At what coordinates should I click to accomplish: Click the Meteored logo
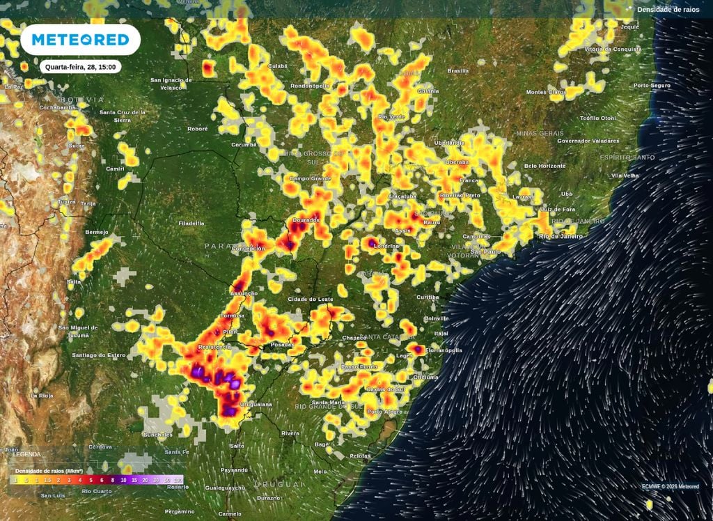(81, 40)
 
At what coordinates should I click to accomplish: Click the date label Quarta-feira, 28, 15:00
(81, 67)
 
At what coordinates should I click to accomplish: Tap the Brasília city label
(458, 70)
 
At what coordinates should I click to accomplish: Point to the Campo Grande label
(309, 178)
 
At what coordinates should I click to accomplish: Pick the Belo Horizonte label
(545, 166)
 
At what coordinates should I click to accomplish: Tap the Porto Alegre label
(384, 412)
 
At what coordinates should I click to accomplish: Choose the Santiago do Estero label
(99, 355)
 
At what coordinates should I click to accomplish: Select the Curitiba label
(428, 297)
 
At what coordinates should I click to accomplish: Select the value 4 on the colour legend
(80, 480)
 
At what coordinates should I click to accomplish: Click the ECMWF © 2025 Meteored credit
(671, 486)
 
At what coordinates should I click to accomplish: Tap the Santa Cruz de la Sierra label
(123, 115)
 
